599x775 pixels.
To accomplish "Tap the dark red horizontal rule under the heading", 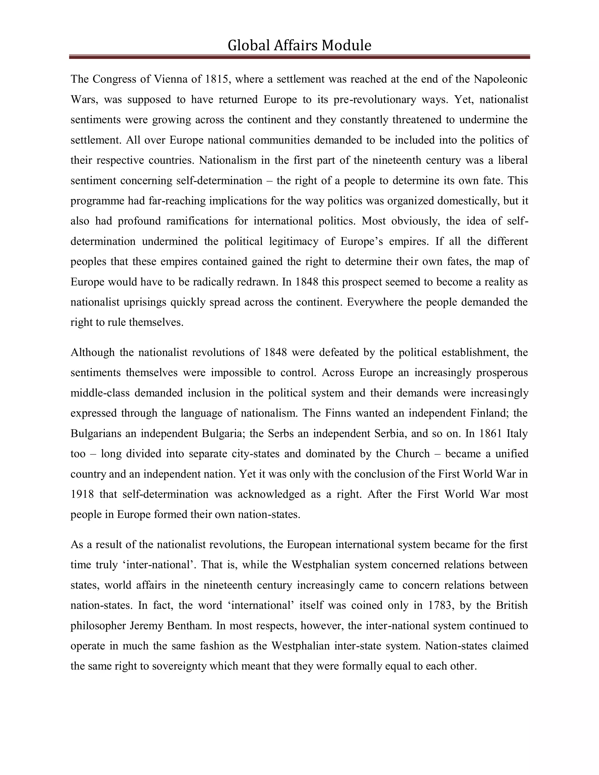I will point(299,57).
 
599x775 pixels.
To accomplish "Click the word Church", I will point(412,454).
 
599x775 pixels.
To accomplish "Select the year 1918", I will point(82,494).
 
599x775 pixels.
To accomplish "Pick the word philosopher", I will point(98,626).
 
